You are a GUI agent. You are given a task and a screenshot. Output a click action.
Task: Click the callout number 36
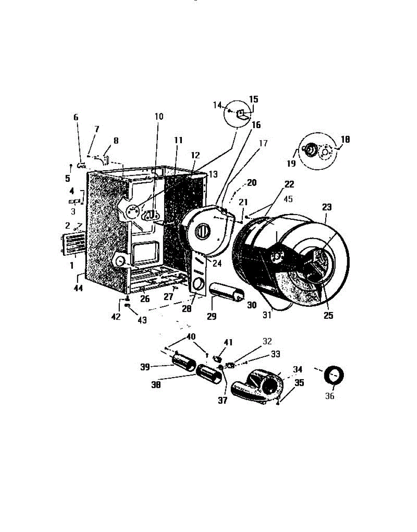(330, 396)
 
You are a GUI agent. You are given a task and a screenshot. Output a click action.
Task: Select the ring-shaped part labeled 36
(333, 375)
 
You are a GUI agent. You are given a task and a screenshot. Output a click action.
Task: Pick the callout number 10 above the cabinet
(159, 117)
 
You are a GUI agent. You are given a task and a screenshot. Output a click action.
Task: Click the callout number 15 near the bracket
(253, 99)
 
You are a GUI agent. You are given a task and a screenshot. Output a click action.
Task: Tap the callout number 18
(345, 139)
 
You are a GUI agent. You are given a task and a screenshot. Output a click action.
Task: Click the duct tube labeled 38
(210, 375)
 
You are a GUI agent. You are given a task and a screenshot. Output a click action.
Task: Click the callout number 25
(328, 316)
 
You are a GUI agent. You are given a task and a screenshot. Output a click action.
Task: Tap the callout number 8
(116, 141)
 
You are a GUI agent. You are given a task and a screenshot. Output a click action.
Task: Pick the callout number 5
(67, 179)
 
